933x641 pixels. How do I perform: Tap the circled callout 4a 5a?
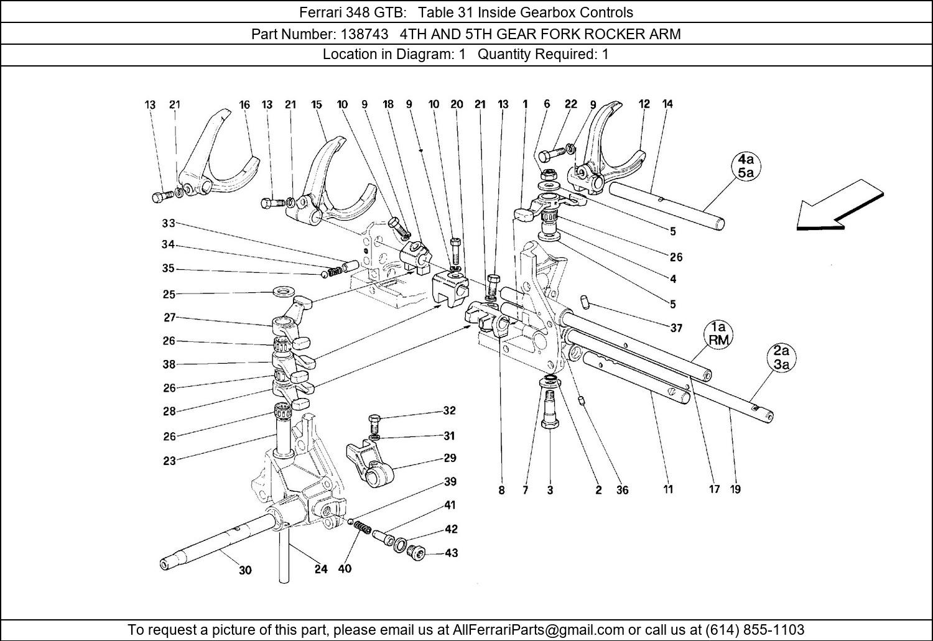click(746, 166)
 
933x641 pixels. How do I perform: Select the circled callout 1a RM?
click(718, 333)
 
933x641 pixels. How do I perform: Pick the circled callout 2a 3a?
click(781, 359)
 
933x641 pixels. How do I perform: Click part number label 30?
click(245, 570)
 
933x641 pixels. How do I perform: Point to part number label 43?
click(451, 552)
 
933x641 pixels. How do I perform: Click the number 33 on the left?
click(169, 223)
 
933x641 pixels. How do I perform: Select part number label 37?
click(676, 328)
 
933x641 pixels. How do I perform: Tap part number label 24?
click(320, 569)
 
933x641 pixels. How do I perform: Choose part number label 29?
click(450, 458)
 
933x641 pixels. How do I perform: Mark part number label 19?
click(735, 489)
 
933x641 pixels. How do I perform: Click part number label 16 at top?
click(244, 105)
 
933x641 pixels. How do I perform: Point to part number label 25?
click(169, 294)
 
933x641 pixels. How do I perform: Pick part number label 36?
click(622, 490)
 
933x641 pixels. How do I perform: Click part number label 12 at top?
click(644, 104)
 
